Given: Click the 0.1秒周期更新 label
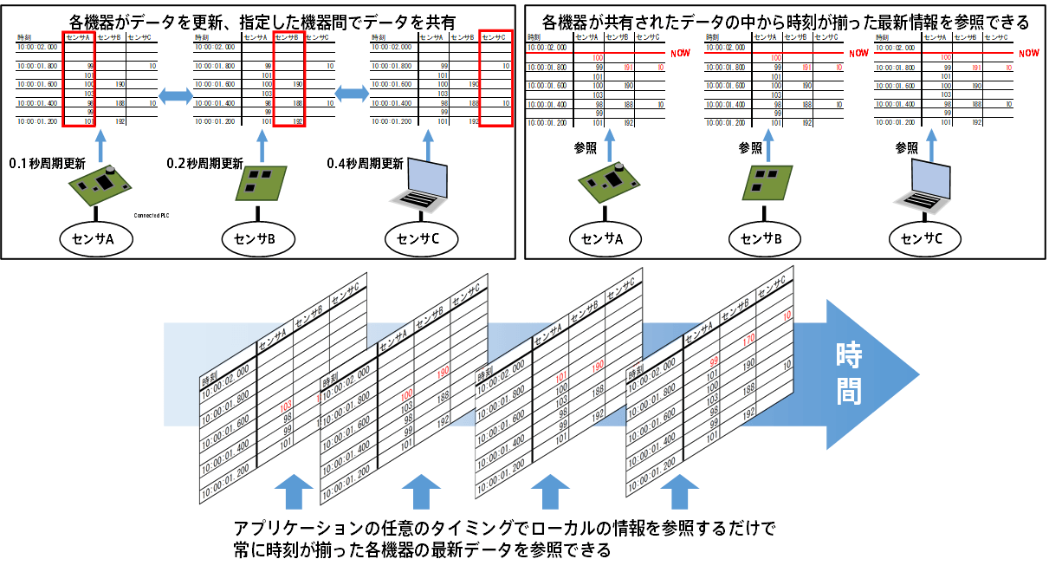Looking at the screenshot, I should click(x=48, y=162).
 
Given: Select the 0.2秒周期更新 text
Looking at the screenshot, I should click(x=205, y=162).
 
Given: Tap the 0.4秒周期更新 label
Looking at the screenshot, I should click(x=365, y=162).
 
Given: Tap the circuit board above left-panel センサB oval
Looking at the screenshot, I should click(x=256, y=185).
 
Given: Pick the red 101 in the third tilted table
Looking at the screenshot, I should click(x=561, y=377).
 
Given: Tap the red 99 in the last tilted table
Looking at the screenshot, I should click(x=715, y=361).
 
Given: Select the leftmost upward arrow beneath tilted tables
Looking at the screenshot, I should click(x=292, y=491).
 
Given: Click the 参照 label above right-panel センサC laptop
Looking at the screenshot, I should click(x=907, y=148).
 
